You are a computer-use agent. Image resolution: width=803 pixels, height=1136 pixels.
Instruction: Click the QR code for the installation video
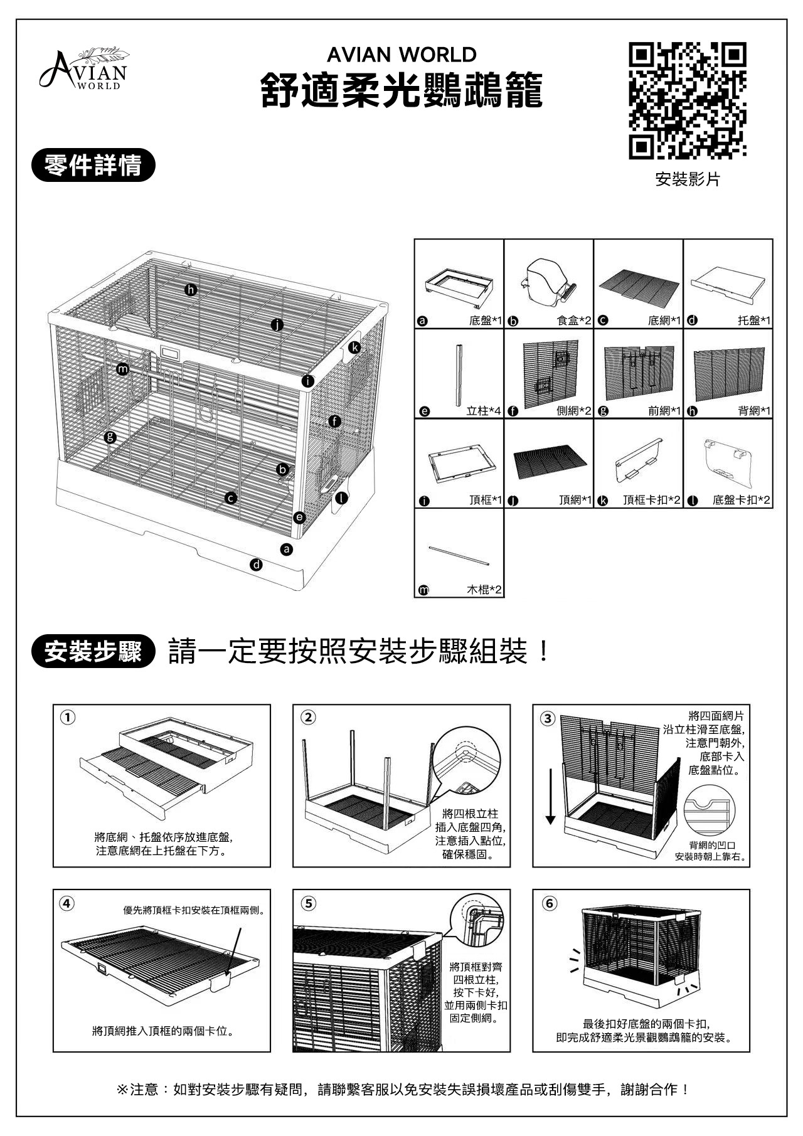pyautogui.click(x=688, y=100)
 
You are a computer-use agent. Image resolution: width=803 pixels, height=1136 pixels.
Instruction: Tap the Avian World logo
pyautogui.click(x=83, y=68)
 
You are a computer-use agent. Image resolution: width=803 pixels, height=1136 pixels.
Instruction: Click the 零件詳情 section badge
pyautogui.click(x=93, y=166)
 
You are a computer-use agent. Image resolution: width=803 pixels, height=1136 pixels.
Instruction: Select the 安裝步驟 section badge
pyautogui.click(x=93, y=652)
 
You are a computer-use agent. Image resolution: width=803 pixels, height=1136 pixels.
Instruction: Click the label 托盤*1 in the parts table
pyautogui.click(x=753, y=321)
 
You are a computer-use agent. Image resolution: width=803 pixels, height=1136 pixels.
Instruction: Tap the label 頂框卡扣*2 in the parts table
pyautogui.click(x=652, y=501)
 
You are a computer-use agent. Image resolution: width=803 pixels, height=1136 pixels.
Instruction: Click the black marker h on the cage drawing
pyautogui.click(x=191, y=290)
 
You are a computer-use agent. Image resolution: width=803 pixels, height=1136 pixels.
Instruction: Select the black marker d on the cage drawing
pyautogui.click(x=256, y=565)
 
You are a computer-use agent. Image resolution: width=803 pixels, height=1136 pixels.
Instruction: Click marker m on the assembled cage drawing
pyautogui.click(x=123, y=369)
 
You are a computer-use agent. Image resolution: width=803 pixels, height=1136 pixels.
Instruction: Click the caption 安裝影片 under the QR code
pyautogui.click(x=688, y=180)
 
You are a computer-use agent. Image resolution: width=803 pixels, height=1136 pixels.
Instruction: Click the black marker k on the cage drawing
pyautogui.click(x=355, y=347)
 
